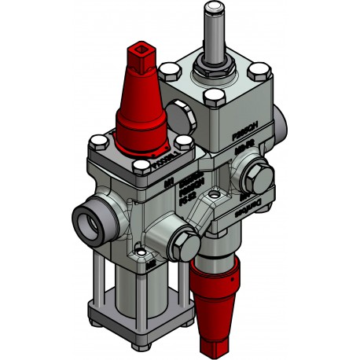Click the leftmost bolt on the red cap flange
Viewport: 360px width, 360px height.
coord(96,143)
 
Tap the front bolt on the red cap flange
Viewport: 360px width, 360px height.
coord(142,165)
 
